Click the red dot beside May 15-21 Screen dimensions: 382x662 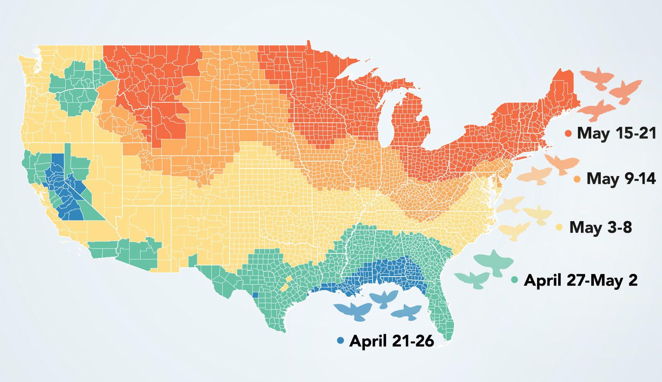click(x=568, y=134)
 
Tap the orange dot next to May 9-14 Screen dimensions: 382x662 click(x=578, y=179)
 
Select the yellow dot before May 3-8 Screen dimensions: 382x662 click(x=559, y=227)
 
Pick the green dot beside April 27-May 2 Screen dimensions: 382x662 click(x=515, y=280)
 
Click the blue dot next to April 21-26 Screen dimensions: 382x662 click(x=340, y=341)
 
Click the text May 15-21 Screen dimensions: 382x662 click(x=616, y=133)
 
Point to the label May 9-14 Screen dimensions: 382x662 click(x=621, y=179)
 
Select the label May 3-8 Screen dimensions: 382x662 click(x=600, y=227)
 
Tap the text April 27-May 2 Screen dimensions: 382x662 click(x=580, y=280)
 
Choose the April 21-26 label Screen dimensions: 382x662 click(x=391, y=341)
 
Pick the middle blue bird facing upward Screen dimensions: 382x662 click(x=384, y=298)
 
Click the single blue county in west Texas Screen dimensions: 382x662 click(x=255, y=295)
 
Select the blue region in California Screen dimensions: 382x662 click(x=62, y=186)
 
